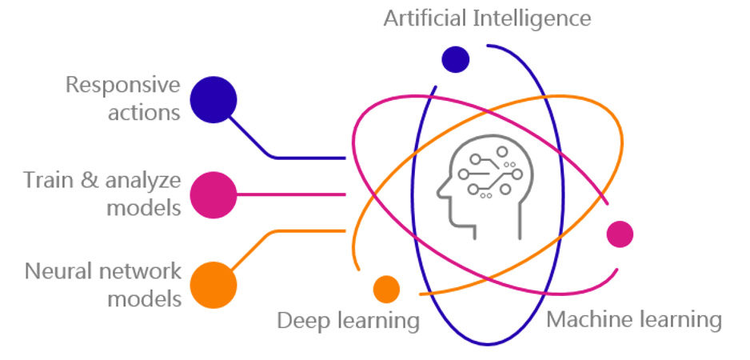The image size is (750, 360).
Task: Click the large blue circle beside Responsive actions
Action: [x=213, y=99]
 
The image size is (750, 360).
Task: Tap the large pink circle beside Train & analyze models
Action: [x=213, y=194]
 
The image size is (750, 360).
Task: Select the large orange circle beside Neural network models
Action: [x=213, y=285]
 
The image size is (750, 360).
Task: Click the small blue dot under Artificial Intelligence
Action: [x=455, y=58]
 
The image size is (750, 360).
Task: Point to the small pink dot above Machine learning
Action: [x=620, y=234]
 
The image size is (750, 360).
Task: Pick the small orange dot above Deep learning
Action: [x=386, y=289]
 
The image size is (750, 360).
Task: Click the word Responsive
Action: [x=122, y=85]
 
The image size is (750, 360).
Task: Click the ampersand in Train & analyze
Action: [x=90, y=179]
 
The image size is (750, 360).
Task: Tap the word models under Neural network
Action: [x=144, y=299]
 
